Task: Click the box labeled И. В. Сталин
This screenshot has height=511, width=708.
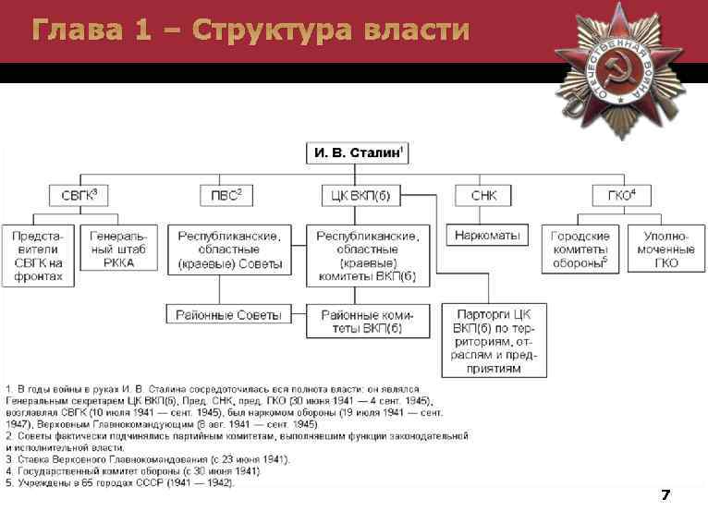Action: point(357,152)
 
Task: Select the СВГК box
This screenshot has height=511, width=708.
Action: point(79,195)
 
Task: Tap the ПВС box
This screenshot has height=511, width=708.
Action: point(226,195)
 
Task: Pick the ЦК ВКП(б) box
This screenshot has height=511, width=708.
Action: point(357,195)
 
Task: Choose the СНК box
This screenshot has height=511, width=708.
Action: point(483,195)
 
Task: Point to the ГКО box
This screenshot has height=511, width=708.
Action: point(619,195)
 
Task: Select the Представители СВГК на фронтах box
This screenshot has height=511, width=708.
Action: point(38,256)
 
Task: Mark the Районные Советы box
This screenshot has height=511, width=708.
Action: point(228,315)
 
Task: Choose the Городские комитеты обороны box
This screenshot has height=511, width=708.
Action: point(580,249)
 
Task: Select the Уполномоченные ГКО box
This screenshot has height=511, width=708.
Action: point(665,249)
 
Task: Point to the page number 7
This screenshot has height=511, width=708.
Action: point(665,496)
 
